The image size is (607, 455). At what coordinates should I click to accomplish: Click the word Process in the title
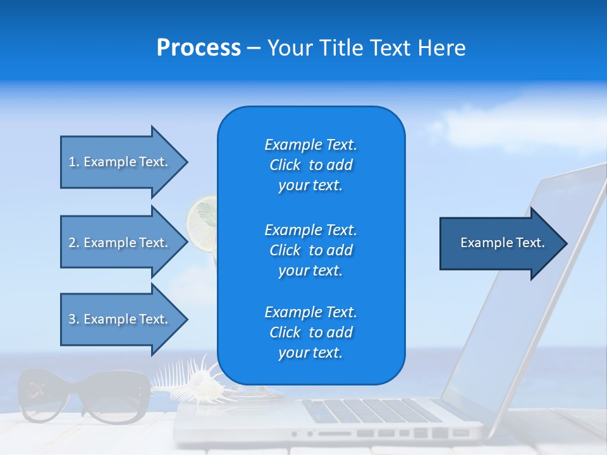coord(199,48)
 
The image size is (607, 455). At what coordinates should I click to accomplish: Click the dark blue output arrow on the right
coord(502,243)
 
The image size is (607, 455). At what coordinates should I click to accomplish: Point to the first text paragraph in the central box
coord(310,165)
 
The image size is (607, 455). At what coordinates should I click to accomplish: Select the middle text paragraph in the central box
coord(310,250)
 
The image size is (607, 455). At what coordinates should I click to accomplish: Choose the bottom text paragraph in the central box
coord(310,332)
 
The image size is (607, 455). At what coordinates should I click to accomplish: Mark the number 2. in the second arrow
coord(74,243)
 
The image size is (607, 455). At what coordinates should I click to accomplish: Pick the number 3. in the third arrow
coord(74,319)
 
